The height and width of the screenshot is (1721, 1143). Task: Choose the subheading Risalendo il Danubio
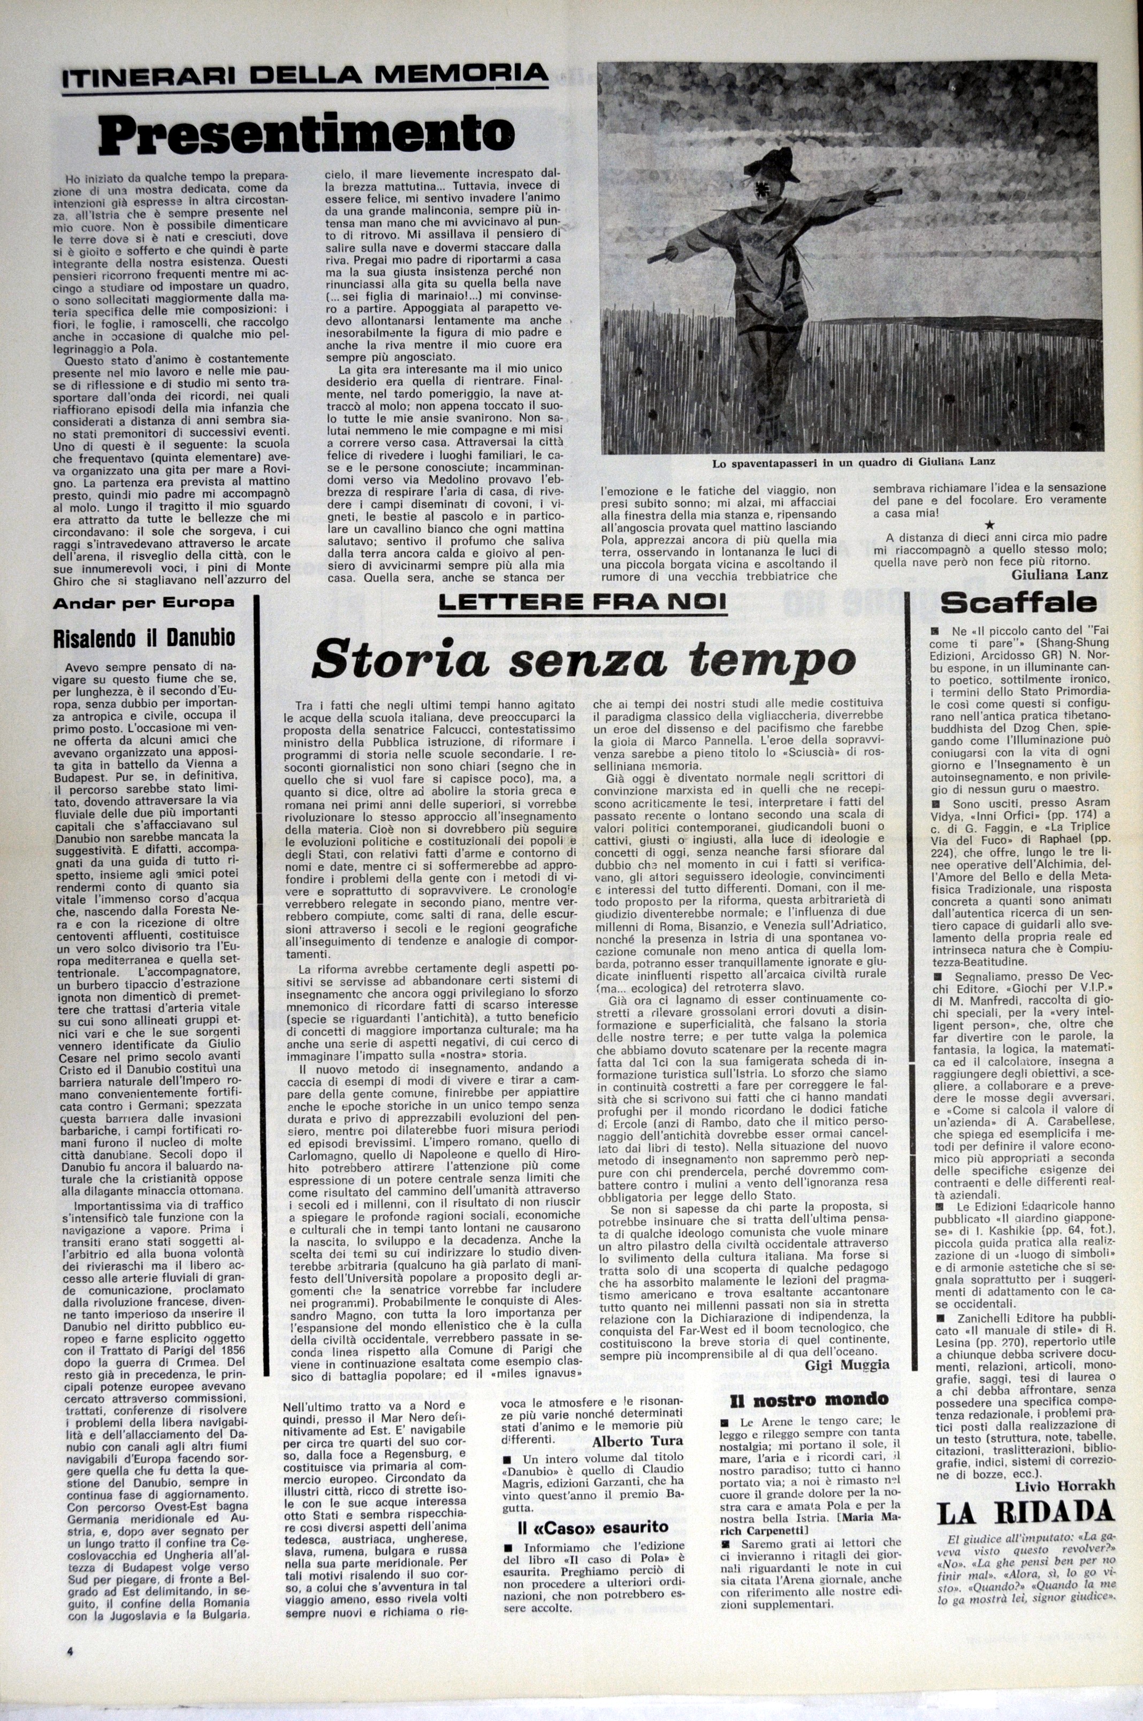pyautogui.click(x=144, y=638)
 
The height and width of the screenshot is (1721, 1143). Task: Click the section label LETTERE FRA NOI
pyautogui.click(x=582, y=602)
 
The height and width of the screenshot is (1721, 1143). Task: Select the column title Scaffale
pyautogui.click(x=1018, y=603)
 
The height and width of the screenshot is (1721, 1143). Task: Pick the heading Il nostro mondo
pyautogui.click(x=809, y=1399)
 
